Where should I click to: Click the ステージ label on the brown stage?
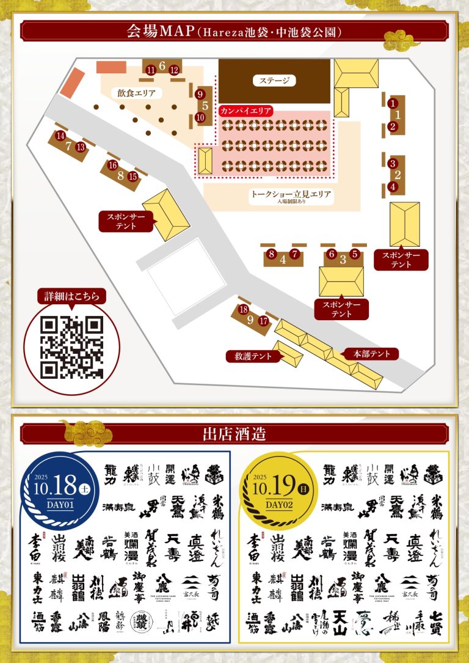click(x=274, y=80)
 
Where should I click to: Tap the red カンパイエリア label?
click(x=245, y=111)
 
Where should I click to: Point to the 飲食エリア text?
click(x=137, y=93)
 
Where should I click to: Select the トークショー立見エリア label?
click(x=291, y=195)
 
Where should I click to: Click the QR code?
click(x=71, y=348)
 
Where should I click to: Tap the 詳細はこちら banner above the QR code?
click(x=71, y=297)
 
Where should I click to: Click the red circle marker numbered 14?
click(x=60, y=136)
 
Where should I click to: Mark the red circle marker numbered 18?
click(x=243, y=310)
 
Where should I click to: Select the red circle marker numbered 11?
click(x=151, y=70)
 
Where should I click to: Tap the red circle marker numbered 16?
click(x=112, y=166)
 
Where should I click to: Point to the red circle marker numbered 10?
click(x=200, y=117)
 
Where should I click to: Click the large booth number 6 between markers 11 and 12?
click(x=162, y=66)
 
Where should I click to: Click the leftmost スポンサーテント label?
click(x=126, y=221)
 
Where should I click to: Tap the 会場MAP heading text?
click(x=234, y=31)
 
